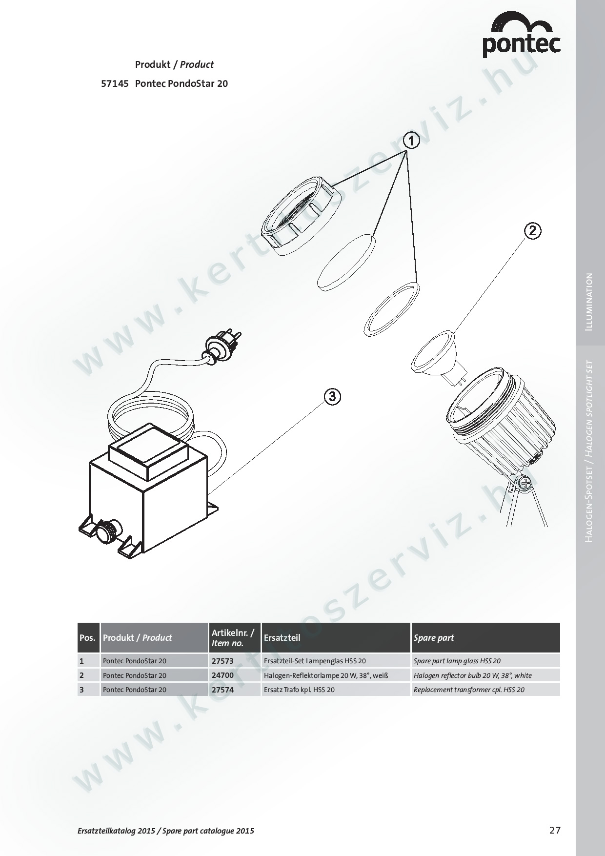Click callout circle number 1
[411, 141]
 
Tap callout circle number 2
[532, 230]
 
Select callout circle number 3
[332, 397]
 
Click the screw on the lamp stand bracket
[525, 484]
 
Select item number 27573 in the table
[222, 661]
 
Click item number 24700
[222, 675]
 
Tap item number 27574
[222, 690]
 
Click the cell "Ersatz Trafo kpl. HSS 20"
[299, 690]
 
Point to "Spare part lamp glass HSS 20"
[457, 661]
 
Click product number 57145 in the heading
[115, 83]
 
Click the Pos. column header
[88, 638]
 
